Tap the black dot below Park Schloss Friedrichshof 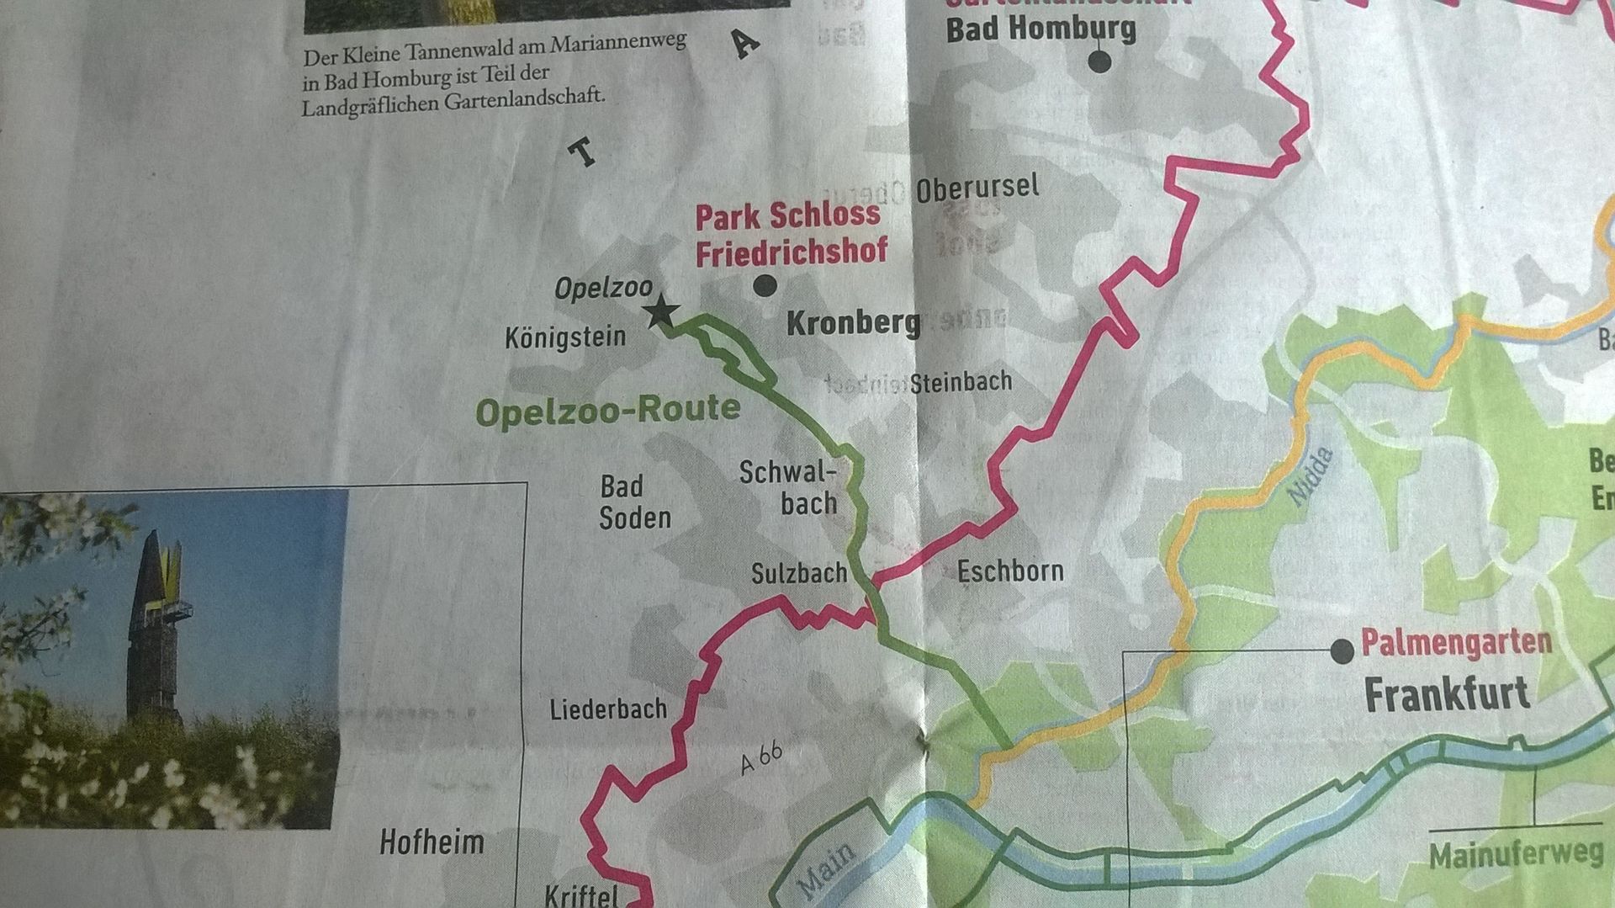pos(765,285)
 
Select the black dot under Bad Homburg pos(1099,61)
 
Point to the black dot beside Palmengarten pos(1342,650)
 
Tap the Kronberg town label pos(853,323)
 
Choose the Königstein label pos(565,337)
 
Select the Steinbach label pos(961,383)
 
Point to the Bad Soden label pos(635,502)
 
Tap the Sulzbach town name pos(798,574)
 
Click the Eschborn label pos(1010,571)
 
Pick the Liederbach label pos(608,709)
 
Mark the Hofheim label pos(432,842)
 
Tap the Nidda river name pos(1311,477)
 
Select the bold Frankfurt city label pos(1446,695)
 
